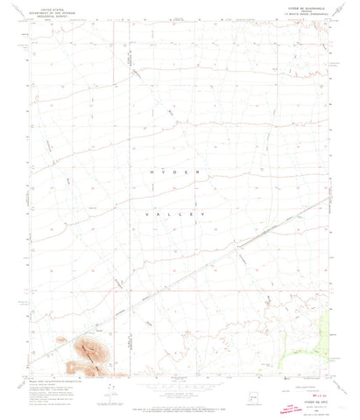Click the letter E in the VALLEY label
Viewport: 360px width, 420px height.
190,213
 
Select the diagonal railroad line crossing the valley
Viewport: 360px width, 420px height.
201,262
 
